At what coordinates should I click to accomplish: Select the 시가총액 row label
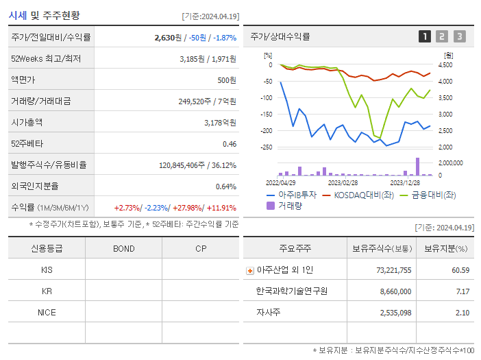[x=27, y=123]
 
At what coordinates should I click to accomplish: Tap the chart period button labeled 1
[x=425, y=36]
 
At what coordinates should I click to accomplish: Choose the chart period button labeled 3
[x=459, y=36]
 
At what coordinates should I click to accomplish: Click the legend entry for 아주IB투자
[x=292, y=195]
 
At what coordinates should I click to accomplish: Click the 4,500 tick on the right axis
[x=445, y=65]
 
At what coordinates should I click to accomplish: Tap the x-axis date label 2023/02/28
[x=342, y=183]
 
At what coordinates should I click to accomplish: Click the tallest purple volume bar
[x=417, y=167]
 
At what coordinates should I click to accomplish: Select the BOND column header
[x=123, y=248]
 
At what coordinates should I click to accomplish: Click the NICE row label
[x=47, y=312]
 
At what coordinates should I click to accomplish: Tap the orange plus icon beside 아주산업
[x=249, y=270]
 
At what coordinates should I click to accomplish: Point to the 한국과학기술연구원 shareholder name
[x=291, y=291]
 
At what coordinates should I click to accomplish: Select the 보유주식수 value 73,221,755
[x=393, y=270]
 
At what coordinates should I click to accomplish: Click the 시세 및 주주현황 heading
[x=43, y=15]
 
